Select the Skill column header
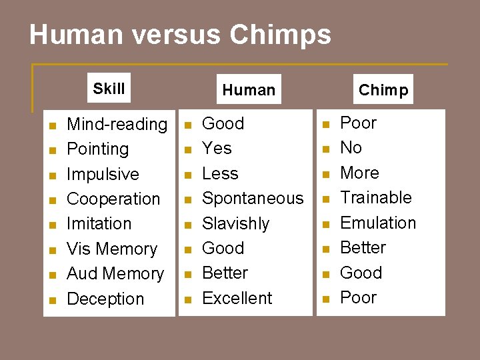click(109, 89)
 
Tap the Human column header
click(249, 90)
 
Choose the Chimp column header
click(383, 90)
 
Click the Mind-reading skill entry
click(117, 124)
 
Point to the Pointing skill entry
click(98, 149)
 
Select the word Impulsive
click(103, 174)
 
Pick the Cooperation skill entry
click(114, 199)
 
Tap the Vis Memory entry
click(112, 249)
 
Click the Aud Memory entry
click(115, 273)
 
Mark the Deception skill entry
click(105, 299)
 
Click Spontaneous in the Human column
click(253, 198)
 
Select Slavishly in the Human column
click(236, 223)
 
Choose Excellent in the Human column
click(237, 298)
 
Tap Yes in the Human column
click(217, 148)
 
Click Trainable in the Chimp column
click(376, 197)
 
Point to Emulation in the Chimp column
click(378, 223)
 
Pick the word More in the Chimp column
click(359, 173)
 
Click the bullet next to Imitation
click(53, 224)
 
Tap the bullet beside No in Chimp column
click(326, 149)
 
